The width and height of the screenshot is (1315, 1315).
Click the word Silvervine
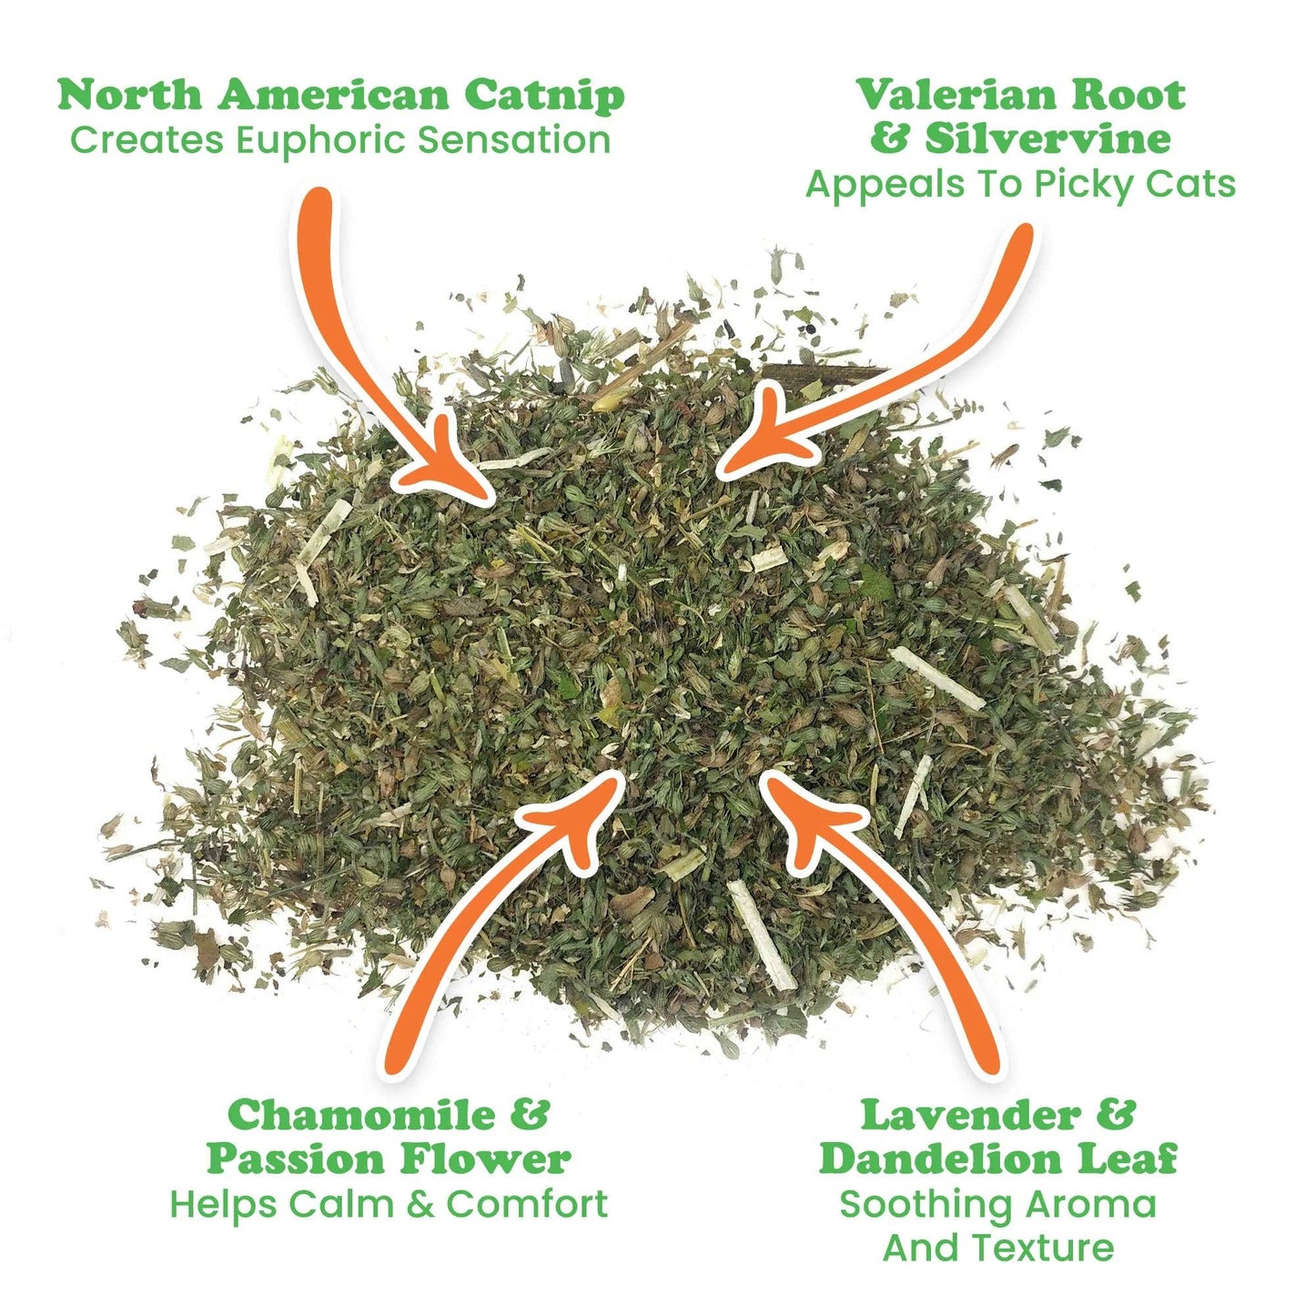[x=1047, y=139]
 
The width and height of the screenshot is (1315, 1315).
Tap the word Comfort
[x=527, y=1204]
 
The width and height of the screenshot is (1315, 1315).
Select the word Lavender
[x=970, y=1115]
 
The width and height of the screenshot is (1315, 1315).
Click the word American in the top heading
[x=333, y=95]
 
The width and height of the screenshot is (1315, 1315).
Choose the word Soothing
[x=925, y=1204]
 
